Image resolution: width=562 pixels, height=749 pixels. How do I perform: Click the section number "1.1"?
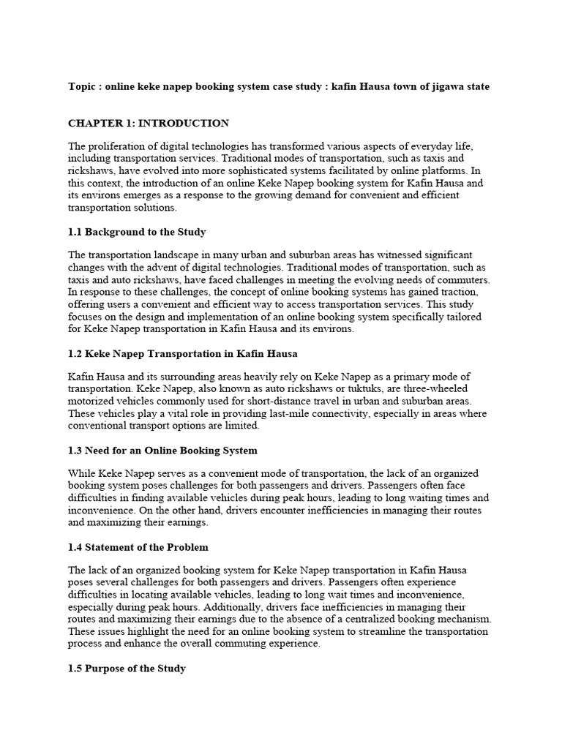pyautogui.click(x=75, y=232)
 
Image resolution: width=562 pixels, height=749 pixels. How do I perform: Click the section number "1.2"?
pyautogui.click(x=75, y=353)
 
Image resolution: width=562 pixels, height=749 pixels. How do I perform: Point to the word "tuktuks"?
pyautogui.click(x=338, y=389)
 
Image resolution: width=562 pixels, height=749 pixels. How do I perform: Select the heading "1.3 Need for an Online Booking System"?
pyautogui.click(x=162, y=450)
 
